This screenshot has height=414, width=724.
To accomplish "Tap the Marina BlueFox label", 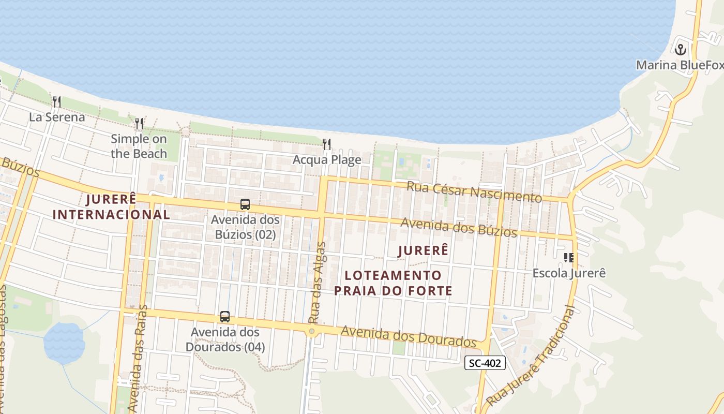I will [x=679, y=65].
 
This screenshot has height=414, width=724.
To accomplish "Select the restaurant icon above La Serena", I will [x=57, y=101].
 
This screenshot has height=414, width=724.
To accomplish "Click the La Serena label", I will [x=57, y=117].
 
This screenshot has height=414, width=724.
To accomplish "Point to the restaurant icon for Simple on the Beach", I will [x=139, y=123].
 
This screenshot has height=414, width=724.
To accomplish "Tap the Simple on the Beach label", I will [x=139, y=146].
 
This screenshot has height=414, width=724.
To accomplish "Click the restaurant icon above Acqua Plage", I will [x=327, y=144].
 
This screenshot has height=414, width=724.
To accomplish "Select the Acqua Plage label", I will [x=327, y=159].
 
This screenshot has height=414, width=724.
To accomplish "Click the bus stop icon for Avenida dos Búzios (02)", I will [x=245, y=204].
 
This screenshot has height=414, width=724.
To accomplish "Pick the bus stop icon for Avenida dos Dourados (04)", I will [x=225, y=317].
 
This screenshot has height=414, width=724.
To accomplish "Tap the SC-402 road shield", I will [x=485, y=363].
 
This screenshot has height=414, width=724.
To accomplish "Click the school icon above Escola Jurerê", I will [x=569, y=257].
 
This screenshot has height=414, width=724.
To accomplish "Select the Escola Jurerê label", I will [x=569, y=273].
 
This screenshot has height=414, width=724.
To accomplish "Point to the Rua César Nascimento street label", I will [x=474, y=191].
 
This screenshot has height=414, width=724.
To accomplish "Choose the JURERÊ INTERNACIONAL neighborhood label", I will [x=111, y=206].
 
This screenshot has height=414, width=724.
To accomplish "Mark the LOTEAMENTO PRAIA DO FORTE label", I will [x=393, y=283].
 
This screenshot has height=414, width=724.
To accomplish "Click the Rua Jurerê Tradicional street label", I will [x=533, y=357].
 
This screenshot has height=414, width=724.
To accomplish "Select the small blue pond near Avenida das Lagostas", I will [x=64, y=343].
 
